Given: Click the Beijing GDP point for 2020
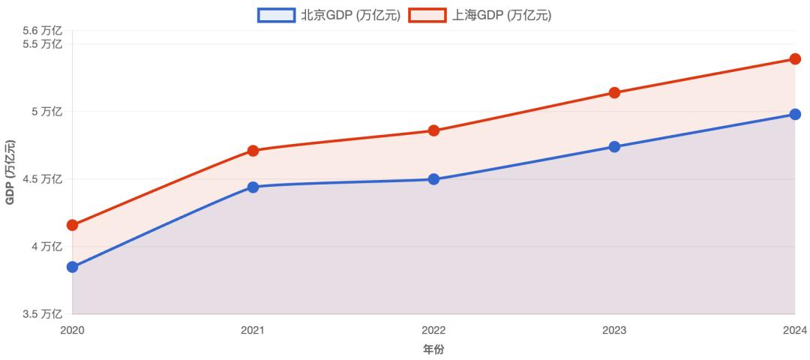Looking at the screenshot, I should (x=72, y=267).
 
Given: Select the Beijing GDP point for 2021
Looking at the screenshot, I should (x=253, y=187).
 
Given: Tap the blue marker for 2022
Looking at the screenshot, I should (x=433, y=179).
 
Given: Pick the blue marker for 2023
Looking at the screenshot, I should (x=614, y=147).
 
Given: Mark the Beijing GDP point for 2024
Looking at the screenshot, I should (x=795, y=114).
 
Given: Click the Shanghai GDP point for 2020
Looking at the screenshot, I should (x=72, y=225).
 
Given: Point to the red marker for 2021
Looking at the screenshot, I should (x=253, y=151).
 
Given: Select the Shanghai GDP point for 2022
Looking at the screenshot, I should (x=433, y=130).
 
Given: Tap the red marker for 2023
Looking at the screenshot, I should (x=614, y=93).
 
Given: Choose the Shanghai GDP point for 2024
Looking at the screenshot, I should (x=795, y=59).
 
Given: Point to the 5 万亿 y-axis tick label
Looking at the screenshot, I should (x=46, y=112).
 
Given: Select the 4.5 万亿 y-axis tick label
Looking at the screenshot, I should (x=42, y=179).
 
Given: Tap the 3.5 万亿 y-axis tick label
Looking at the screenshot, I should (x=42, y=313).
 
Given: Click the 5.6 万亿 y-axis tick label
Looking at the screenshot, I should (x=42, y=31).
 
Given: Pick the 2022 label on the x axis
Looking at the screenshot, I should (x=433, y=330).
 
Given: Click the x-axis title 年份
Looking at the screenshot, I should (x=433, y=349).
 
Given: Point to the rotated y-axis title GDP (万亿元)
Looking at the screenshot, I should (x=10, y=172).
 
